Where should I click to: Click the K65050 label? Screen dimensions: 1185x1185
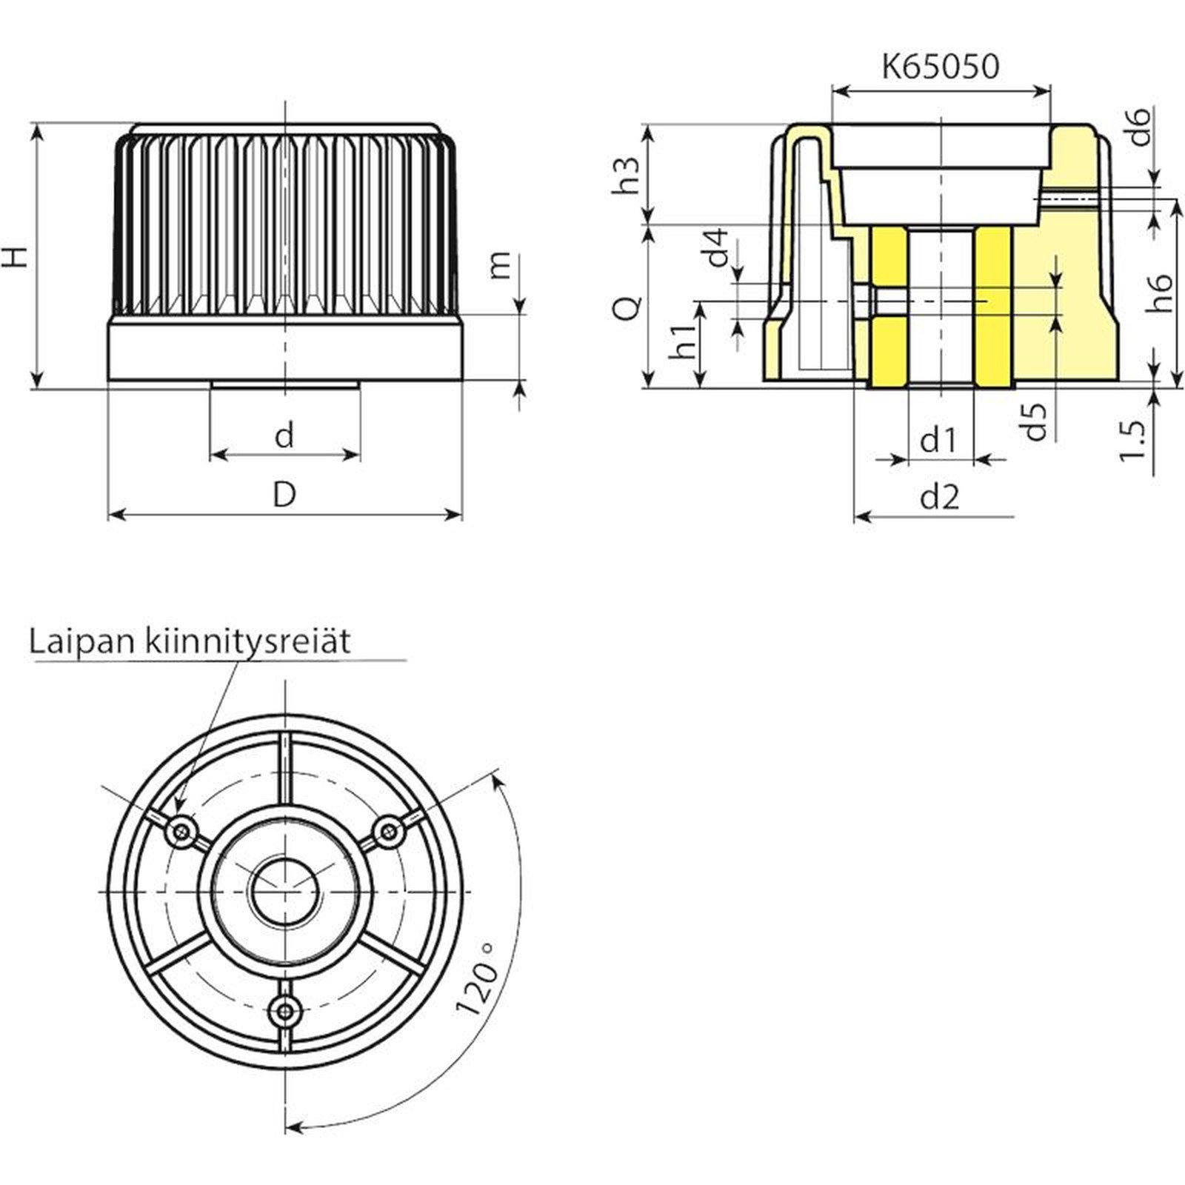940,66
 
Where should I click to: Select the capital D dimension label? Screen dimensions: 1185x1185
284,494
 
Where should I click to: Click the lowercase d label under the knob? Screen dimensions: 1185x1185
284,435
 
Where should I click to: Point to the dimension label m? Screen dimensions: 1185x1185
501,264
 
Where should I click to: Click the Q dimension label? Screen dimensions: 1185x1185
628,307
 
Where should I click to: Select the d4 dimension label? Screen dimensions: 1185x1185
717,247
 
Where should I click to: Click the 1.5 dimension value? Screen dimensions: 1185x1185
1132,441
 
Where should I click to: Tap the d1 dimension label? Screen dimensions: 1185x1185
938,441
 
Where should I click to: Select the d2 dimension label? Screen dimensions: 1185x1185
940,497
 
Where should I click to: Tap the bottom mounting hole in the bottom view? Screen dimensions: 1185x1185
285,1009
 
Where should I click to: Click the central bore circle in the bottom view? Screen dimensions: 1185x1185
285,892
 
